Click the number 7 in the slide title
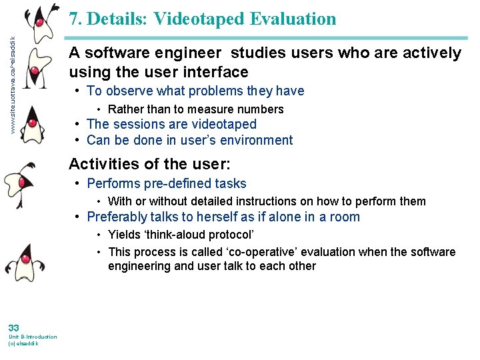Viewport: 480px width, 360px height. point(74,19)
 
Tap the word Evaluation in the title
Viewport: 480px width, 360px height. point(293,19)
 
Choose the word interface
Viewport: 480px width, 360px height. point(213,72)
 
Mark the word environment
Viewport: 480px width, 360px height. point(257,140)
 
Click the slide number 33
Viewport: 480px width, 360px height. point(14,327)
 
